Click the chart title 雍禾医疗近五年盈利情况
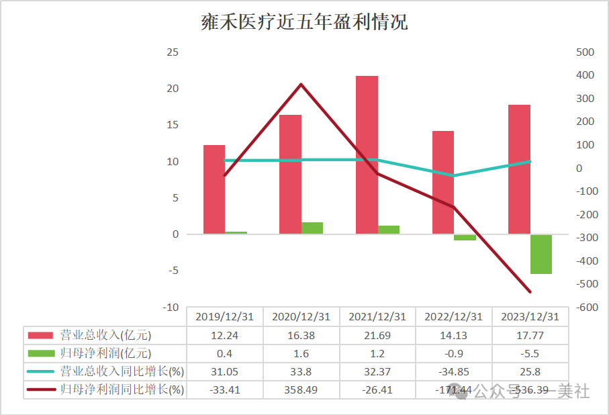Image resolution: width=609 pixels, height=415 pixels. tap(304, 23)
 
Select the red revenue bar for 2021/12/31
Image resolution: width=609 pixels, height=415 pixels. tap(367, 154)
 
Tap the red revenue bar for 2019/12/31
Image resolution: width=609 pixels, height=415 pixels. tap(214, 189)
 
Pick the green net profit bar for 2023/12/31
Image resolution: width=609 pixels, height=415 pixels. tap(541, 255)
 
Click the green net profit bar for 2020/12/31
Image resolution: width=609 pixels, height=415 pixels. tap(312, 228)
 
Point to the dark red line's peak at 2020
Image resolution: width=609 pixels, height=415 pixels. tap(301, 84)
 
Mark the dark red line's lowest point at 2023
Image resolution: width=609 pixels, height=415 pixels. tap(530, 292)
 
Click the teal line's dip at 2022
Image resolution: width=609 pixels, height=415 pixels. tap(454, 176)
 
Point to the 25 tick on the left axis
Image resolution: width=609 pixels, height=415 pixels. tap(173, 52)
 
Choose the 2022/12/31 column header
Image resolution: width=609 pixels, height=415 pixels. tap(454, 317)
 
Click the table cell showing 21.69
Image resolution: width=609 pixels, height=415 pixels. tap(377, 335)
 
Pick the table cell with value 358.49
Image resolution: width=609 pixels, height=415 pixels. tap(301, 389)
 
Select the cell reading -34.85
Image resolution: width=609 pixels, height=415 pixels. tap(454, 371)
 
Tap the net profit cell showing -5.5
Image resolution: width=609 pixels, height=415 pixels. tap(530, 353)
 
